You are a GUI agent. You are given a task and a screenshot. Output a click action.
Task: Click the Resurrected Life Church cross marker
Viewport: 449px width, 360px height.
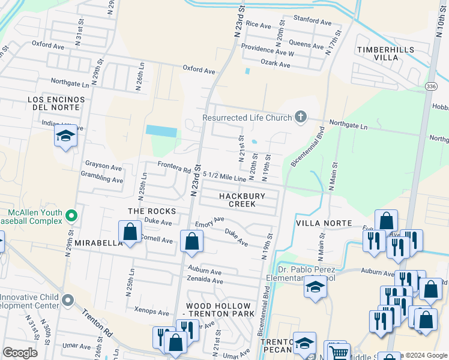[x=301, y=118]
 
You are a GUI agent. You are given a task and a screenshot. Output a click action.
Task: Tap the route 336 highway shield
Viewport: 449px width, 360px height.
[x=430, y=87]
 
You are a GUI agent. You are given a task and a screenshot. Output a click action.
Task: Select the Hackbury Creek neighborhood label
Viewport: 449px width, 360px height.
[x=237, y=200]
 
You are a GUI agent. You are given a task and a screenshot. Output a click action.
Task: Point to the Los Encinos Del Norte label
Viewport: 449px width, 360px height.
[x=53, y=103]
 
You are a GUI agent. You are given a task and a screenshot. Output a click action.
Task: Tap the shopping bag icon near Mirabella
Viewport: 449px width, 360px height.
[x=130, y=232]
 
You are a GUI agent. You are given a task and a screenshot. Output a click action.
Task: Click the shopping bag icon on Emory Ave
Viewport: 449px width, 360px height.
[x=191, y=241]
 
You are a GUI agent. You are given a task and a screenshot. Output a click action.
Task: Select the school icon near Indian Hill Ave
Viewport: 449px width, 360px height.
[x=65, y=136]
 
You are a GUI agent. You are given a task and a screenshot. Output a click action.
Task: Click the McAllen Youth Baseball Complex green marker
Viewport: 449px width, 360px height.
[x=71, y=214]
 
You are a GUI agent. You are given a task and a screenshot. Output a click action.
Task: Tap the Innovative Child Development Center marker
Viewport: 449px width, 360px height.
[x=68, y=299]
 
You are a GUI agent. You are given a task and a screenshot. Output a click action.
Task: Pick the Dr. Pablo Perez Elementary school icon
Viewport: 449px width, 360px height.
[x=315, y=286]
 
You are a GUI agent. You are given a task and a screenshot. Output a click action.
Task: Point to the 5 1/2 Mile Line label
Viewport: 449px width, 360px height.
[x=224, y=176]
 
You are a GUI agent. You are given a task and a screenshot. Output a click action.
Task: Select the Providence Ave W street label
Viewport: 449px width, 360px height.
[x=267, y=50]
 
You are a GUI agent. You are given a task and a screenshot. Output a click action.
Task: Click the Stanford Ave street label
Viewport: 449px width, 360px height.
[x=312, y=21]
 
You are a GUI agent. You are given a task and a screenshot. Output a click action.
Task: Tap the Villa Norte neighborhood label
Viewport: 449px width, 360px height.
[x=324, y=223]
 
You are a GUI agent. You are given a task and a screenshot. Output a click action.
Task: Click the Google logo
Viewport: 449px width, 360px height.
[x=20, y=353]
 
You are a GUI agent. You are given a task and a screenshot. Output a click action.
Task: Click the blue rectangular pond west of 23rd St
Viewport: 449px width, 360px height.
[x=161, y=131]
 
